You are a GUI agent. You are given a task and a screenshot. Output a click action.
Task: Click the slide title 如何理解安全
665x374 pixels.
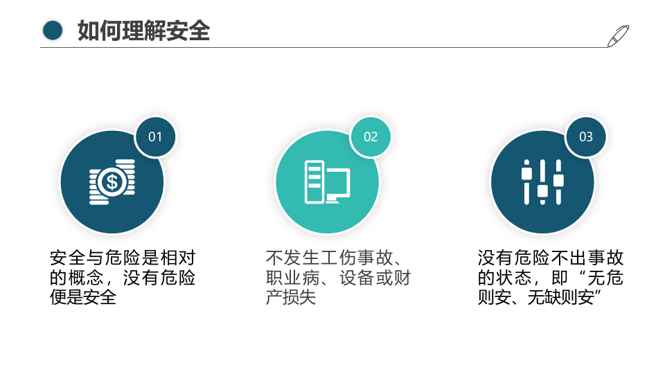pos(143,30)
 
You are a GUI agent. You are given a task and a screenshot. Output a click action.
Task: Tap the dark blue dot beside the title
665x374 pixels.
pos(53,30)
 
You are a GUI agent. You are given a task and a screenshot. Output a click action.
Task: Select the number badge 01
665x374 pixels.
pos(155,136)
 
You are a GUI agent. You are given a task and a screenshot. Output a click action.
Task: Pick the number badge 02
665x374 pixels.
pos(371,136)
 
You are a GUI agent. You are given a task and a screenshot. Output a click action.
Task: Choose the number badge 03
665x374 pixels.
pos(586,136)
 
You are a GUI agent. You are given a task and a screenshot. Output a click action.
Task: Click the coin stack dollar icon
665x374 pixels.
pos(112,181)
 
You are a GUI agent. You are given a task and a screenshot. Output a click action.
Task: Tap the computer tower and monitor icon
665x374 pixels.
pos(327,182)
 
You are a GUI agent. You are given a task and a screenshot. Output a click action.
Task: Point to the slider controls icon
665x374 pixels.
pos(542,182)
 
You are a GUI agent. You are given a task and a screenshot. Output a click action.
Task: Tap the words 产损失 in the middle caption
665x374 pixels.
pos(291,299)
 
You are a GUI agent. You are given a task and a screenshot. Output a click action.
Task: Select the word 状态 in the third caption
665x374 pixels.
pos(513,278)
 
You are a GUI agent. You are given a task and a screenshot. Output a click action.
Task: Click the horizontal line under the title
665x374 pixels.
pos(326,48)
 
